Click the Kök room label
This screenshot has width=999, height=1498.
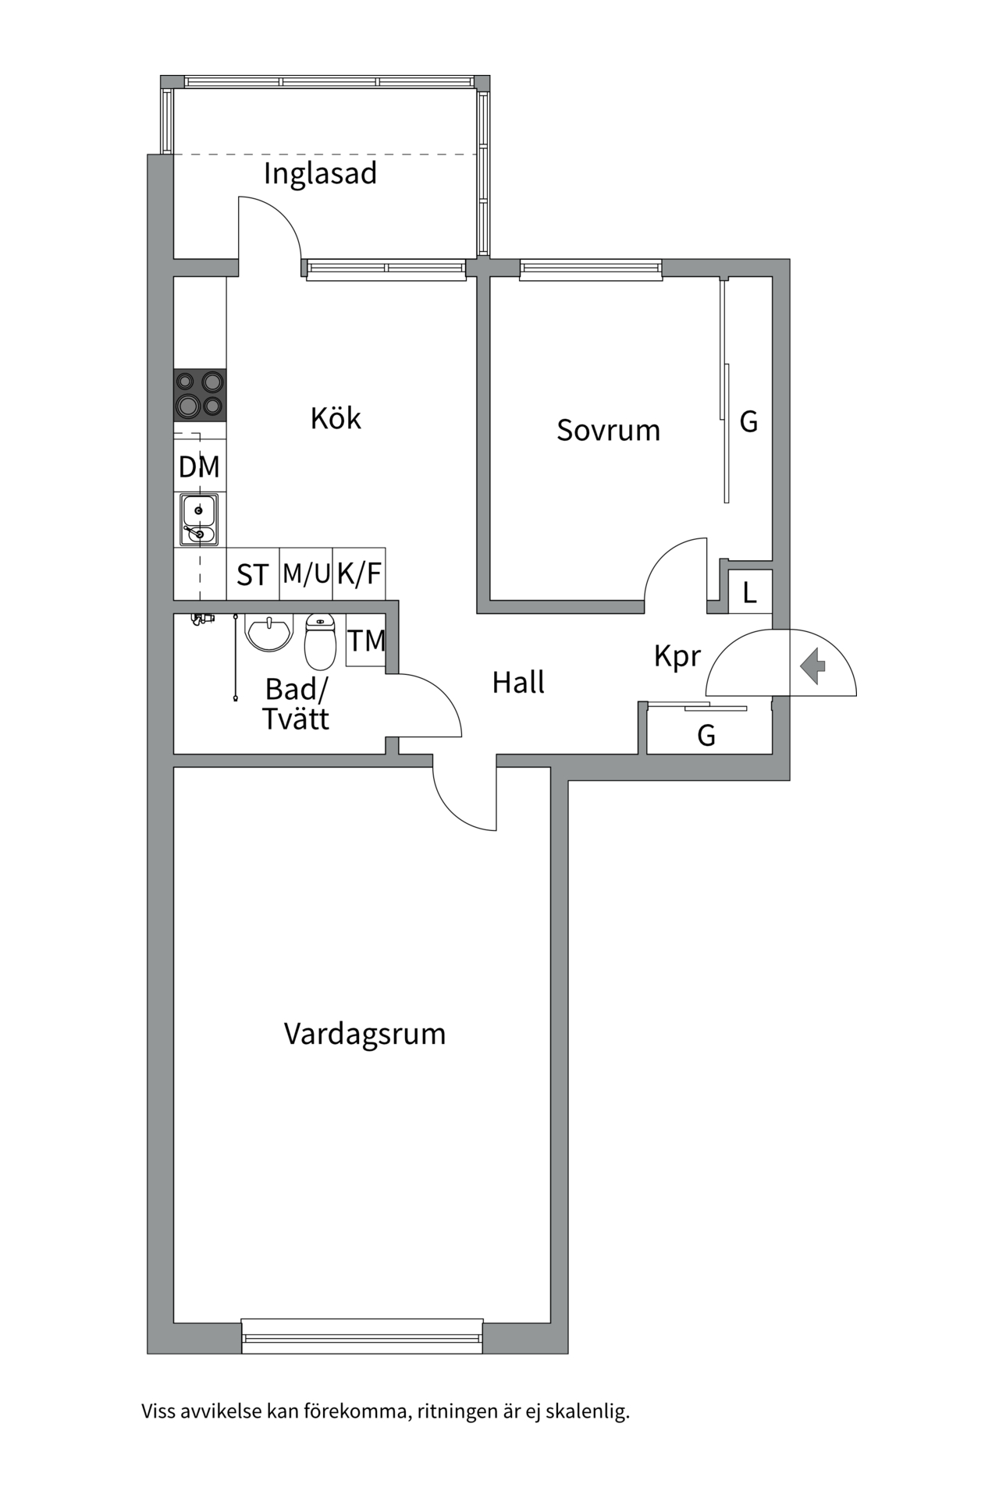[336, 419]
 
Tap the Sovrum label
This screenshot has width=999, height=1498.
[608, 431]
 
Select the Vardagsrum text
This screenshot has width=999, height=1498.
[364, 1034]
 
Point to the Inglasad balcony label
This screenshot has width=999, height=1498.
[320, 173]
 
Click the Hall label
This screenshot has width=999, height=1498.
[518, 683]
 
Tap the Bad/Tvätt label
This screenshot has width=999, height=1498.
[296, 705]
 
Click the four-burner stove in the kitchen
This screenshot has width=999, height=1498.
[200, 395]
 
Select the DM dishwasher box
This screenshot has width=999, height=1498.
[199, 467]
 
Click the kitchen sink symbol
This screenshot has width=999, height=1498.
[199, 520]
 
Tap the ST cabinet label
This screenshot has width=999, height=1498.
[253, 576]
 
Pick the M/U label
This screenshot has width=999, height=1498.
[306, 574]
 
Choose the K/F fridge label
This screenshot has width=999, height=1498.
[359, 574]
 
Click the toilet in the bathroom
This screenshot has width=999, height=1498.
[320, 641]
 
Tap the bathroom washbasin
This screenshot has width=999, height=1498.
[268, 632]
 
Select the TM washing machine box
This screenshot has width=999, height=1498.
[366, 641]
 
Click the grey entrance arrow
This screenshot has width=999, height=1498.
[814, 666]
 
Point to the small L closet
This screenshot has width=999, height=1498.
[750, 593]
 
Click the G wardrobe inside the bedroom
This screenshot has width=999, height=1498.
[748, 422]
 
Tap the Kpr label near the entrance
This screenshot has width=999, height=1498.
[677, 656]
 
